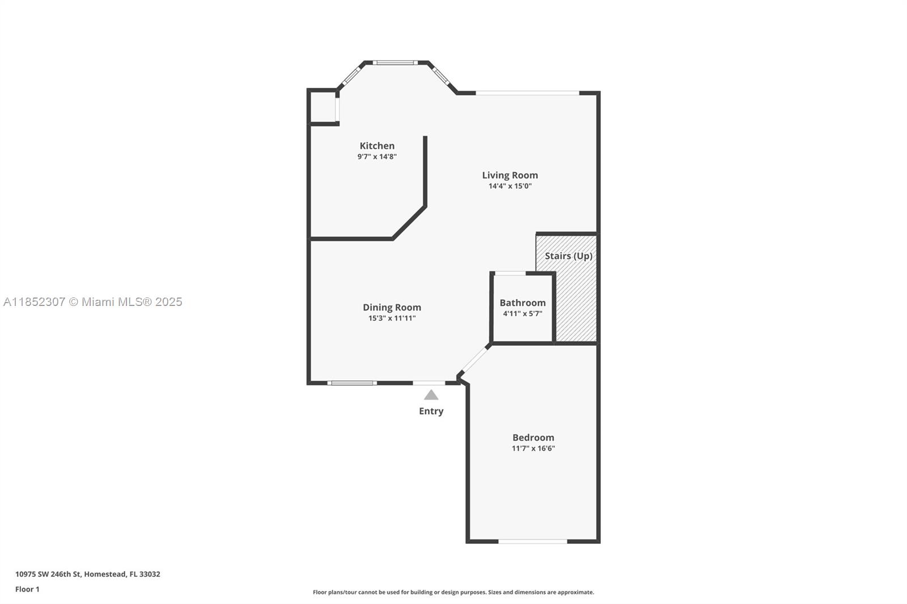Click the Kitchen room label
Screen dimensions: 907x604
[x=377, y=146]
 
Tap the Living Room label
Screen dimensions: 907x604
[x=510, y=175]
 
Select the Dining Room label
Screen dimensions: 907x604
[x=392, y=307]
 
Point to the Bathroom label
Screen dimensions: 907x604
[x=523, y=303]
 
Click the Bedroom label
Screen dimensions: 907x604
[x=533, y=437]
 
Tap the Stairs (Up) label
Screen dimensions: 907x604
[x=569, y=256]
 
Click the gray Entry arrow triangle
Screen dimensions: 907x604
[x=431, y=395]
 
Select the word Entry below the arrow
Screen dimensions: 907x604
[x=431, y=411]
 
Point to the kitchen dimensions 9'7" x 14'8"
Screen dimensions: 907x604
[x=377, y=157]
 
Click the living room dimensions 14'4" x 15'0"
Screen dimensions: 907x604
[x=510, y=186]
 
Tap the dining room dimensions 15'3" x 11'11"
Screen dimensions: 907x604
[x=392, y=318]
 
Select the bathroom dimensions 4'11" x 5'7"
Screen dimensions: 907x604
[x=523, y=313]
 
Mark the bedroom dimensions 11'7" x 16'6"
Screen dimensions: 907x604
[x=533, y=448]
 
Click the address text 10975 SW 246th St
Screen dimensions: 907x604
[x=49, y=574]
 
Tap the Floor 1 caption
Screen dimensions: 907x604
[x=28, y=589]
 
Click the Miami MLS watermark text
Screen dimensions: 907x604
[x=93, y=302]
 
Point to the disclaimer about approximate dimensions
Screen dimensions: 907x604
[x=453, y=592]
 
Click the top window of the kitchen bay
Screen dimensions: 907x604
[x=395, y=63]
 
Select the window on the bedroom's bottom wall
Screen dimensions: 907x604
[x=532, y=541]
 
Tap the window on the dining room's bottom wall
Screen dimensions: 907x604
[x=352, y=383]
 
